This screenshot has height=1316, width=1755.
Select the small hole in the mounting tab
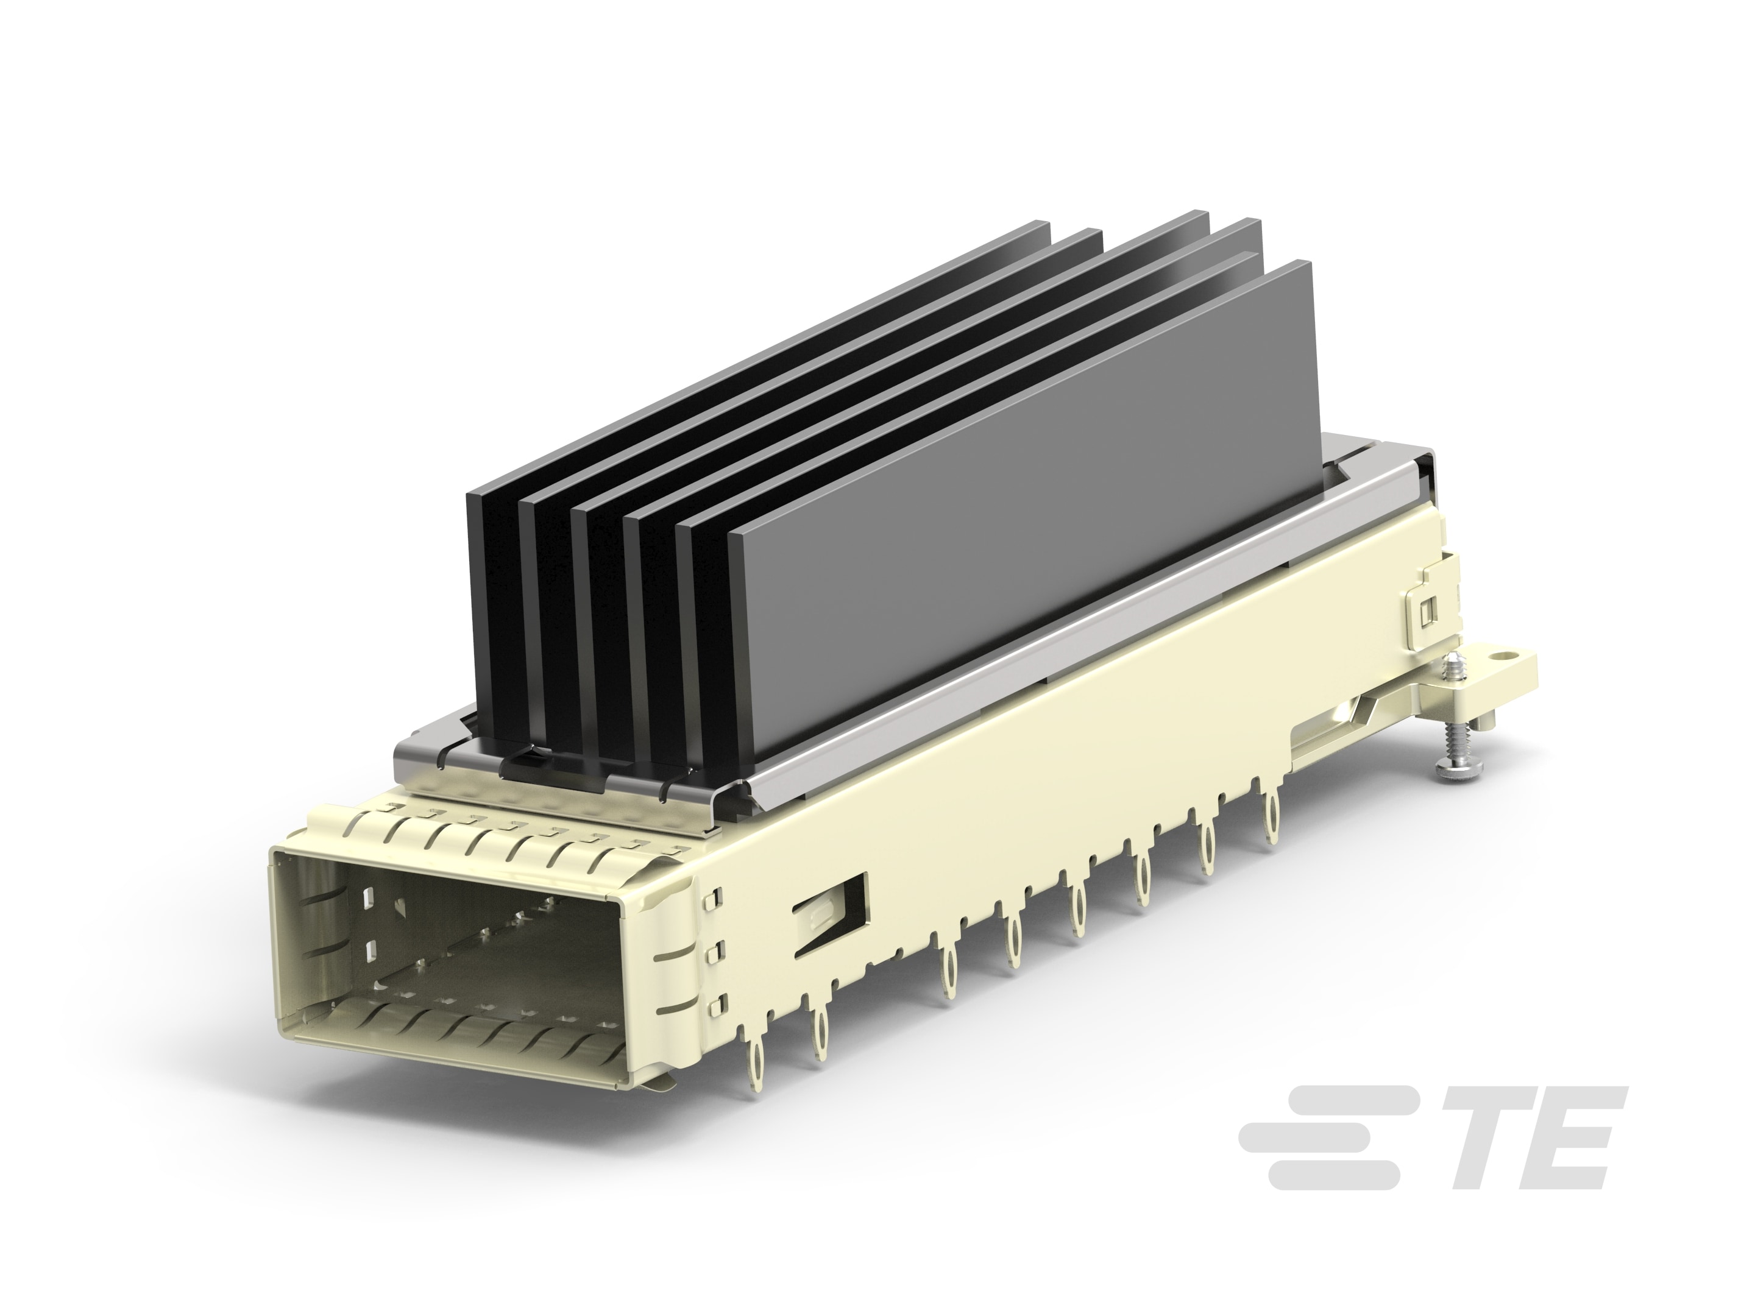(1498, 657)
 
